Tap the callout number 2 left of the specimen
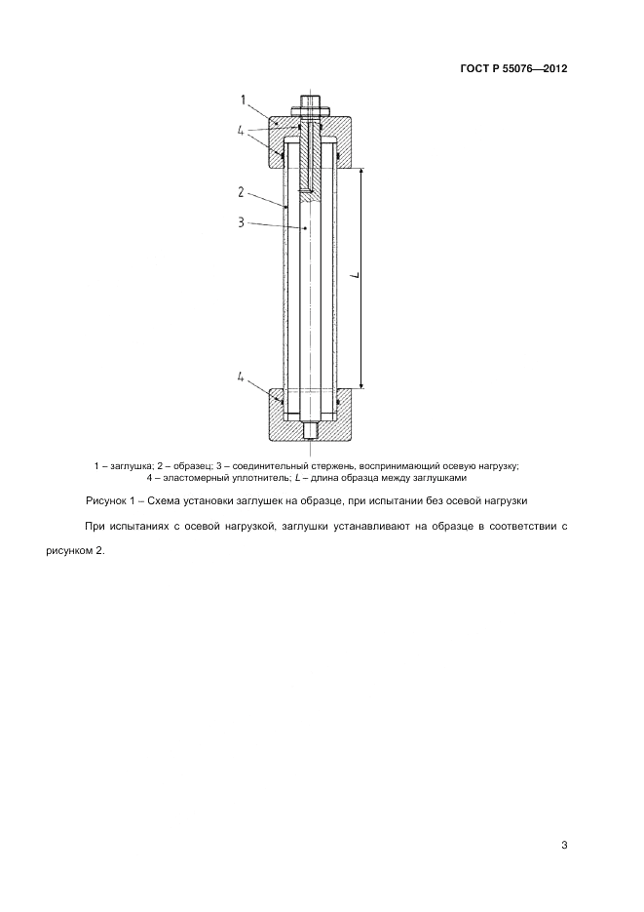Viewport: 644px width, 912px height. [x=241, y=191]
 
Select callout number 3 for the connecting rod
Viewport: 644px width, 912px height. [x=241, y=222]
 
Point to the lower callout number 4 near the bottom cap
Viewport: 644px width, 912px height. [x=241, y=377]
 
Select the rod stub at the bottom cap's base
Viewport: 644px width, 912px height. [x=310, y=430]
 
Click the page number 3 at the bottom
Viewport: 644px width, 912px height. [x=564, y=845]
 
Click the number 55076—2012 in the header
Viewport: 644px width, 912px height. [x=535, y=69]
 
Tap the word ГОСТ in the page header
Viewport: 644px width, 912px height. [x=474, y=69]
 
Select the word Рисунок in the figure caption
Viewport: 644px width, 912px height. [x=108, y=501]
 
